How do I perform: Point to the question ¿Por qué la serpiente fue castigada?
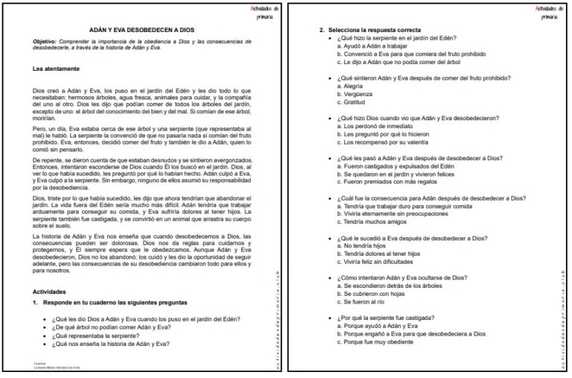click(391, 318)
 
